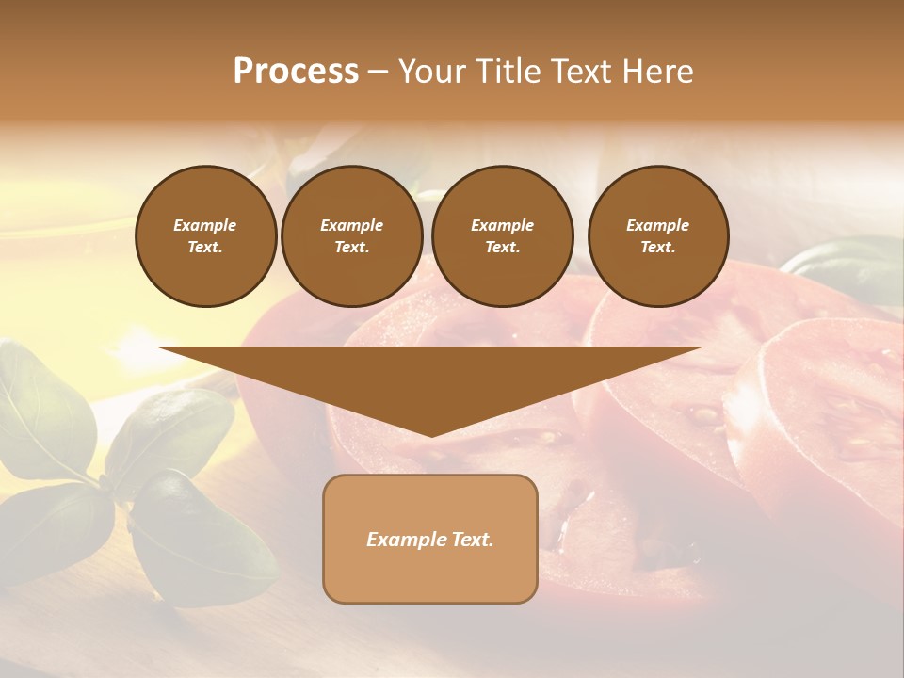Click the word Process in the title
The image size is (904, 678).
pos(296,72)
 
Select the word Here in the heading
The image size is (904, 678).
pos(656,72)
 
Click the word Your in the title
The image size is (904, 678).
pos(434,72)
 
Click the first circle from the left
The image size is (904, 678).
pos(205,236)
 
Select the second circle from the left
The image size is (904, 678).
pos(351,236)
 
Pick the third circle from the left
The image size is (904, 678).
pos(502,236)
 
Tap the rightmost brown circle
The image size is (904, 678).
pos(657,236)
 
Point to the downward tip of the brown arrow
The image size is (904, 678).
pos(430,435)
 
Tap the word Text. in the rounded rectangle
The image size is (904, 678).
pos(473,540)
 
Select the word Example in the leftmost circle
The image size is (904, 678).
pos(205,226)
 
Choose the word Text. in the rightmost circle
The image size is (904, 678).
pos(657,248)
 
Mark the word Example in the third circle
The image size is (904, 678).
pos(502,226)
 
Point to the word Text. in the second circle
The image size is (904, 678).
pos(351,248)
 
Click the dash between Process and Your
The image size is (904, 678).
pos(378,73)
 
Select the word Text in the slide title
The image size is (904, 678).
pos(584,72)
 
